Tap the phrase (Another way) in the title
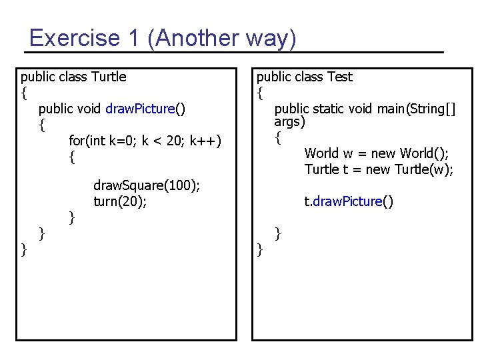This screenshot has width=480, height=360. (223, 38)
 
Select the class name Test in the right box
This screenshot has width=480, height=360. (340, 77)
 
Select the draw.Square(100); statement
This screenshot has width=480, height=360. (147, 185)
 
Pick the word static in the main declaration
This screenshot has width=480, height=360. (327, 108)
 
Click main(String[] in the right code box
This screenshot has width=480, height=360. (413, 108)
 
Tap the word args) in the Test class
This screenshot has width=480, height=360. (290, 123)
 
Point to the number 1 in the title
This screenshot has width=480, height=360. (132, 38)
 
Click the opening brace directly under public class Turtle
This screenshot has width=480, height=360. (24, 92)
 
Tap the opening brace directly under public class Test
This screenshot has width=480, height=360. (260, 92)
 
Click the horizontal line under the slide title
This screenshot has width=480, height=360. (233, 52)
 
